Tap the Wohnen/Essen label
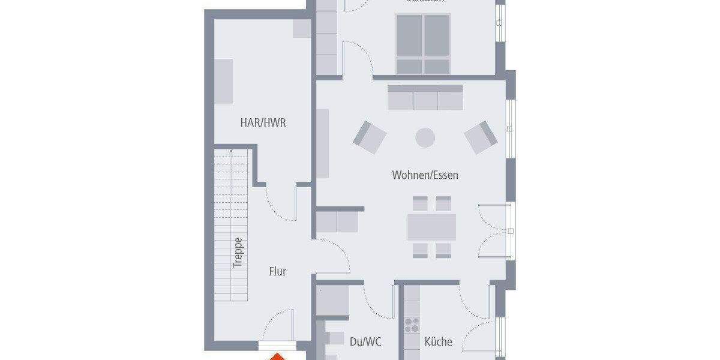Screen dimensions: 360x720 click(425, 175)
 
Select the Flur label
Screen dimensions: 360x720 click(277, 272)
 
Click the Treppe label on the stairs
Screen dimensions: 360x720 click(238, 253)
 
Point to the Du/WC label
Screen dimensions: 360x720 click(365, 341)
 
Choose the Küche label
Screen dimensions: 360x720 click(438, 341)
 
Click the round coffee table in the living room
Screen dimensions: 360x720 click(425, 137)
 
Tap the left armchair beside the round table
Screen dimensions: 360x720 click(369, 137)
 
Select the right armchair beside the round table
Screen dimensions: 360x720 click(481, 137)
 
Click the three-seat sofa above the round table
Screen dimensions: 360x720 click(425, 97)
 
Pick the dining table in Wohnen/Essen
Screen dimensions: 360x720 click(431, 227)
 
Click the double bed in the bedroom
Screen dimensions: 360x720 click(422, 43)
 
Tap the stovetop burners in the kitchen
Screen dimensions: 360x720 click(412, 325)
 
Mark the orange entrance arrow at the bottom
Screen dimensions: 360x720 click(277, 356)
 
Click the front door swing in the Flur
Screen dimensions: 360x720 click(277, 327)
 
